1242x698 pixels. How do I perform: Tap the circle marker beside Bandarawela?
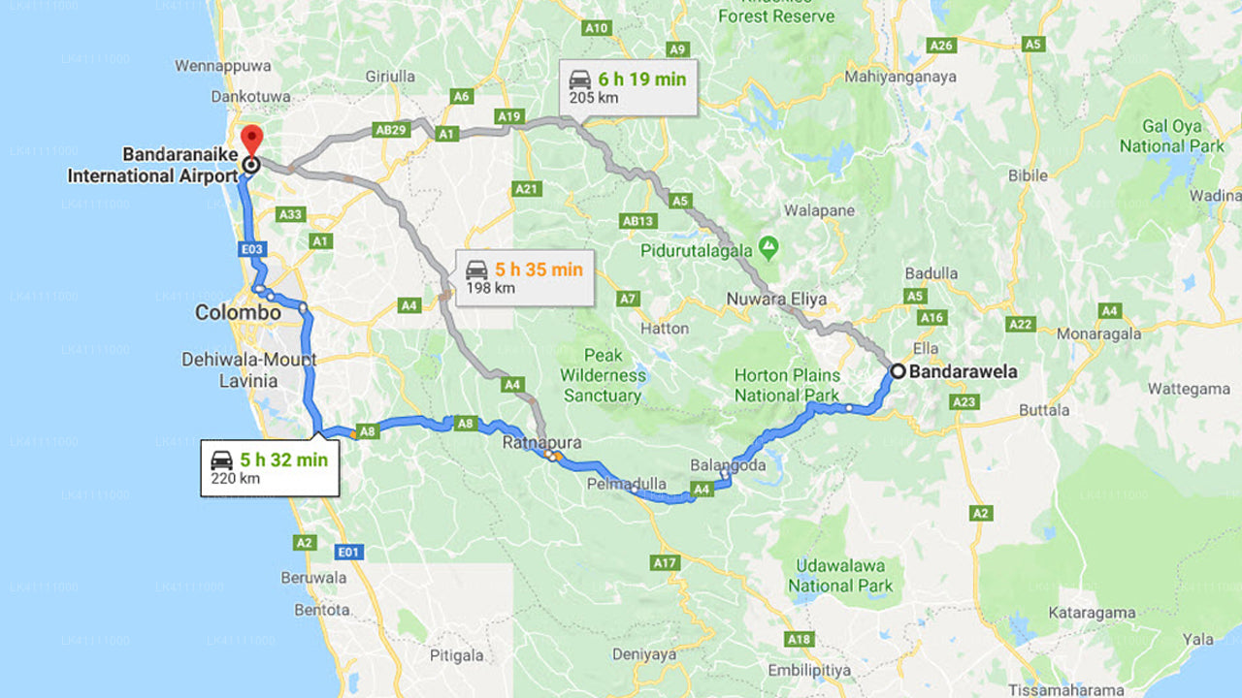click(899, 370)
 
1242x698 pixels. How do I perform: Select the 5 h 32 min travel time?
click(284, 460)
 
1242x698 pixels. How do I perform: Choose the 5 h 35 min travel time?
click(539, 270)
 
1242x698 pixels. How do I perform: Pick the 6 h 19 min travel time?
click(641, 79)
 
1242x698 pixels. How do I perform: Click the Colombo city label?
click(238, 313)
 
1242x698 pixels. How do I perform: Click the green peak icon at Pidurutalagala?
click(768, 249)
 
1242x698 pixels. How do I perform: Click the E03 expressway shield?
click(252, 249)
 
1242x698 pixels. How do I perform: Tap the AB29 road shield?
click(390, 129)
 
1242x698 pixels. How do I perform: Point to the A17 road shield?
click(665, 562)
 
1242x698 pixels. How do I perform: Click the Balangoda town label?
click(728, 465)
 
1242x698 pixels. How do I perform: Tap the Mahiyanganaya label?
click(899, 77)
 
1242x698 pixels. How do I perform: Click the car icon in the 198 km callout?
click(476, 270)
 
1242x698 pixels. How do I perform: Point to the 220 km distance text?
click(236, 478)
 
